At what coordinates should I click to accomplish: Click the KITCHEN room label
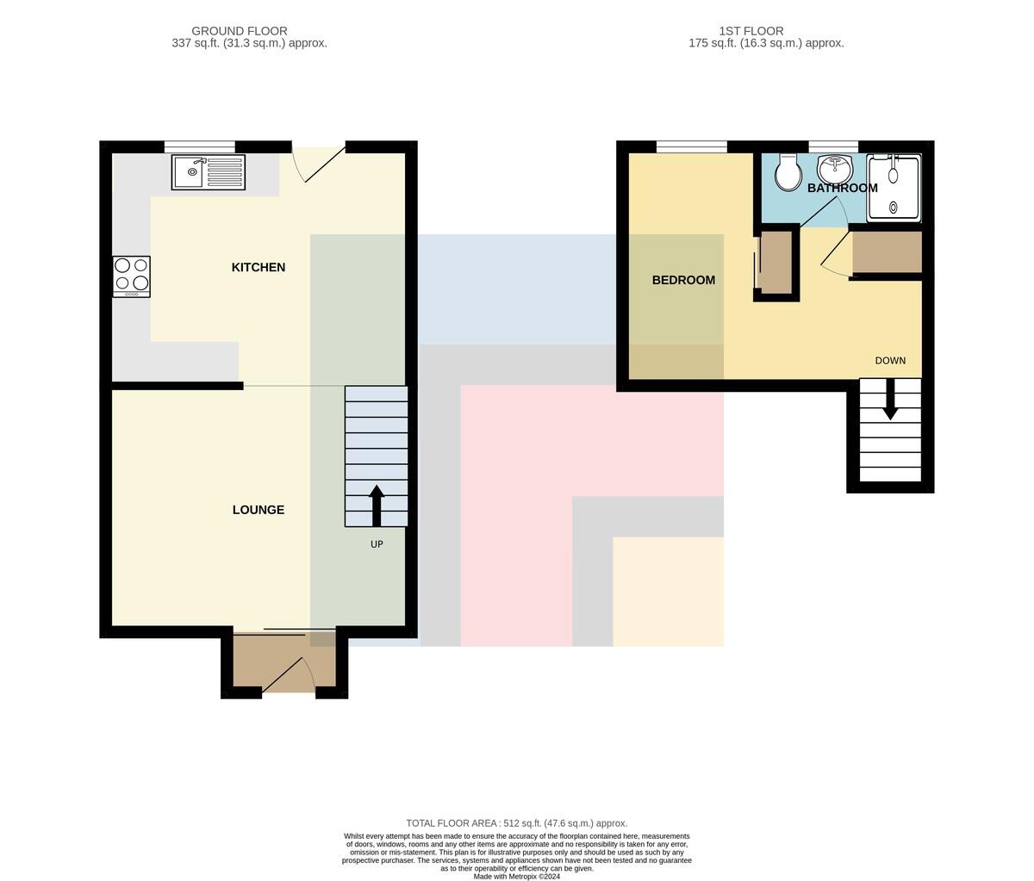(x=258, y=268)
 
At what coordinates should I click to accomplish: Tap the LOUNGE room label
(x=258, y=510)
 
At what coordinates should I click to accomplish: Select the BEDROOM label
(x=683, y=280)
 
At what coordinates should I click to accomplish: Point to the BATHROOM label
(x=843, y=188)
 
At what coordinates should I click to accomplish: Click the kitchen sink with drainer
(x=209, y=172)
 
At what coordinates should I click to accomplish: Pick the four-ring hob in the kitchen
(x=131, y=277)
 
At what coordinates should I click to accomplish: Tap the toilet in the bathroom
(x=788, y=172)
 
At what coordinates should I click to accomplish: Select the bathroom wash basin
(x=834, y=170)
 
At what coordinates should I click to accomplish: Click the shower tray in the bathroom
(x=894, y=187)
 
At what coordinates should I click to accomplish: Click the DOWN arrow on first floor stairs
(x=890, y=399)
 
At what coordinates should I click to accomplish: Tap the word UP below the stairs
(x=377, y=544)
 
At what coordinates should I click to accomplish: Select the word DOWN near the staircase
(x=890, y=361)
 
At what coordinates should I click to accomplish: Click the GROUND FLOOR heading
(x=240, y=31)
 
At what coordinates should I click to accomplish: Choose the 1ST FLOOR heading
(x=751, y=31)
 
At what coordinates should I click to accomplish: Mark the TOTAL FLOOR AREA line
(x=517, y=823)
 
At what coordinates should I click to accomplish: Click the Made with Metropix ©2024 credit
(x=517, y=877)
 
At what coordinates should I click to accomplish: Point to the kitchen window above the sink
(x=200, y=146)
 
